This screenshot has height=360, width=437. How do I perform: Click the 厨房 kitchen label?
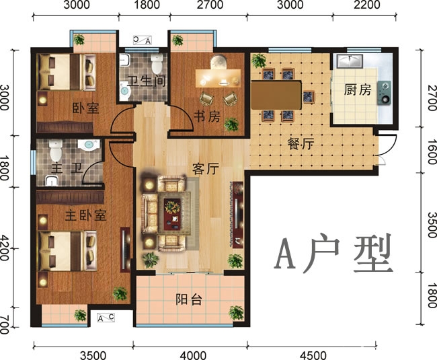(357, 90)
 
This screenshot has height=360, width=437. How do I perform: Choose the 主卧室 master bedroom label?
(85, 216)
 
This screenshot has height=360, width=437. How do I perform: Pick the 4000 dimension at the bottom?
(192, 354)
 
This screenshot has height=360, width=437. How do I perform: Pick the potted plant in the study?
(231, 124)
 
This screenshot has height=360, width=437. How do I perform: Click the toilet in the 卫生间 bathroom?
(156, 65)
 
